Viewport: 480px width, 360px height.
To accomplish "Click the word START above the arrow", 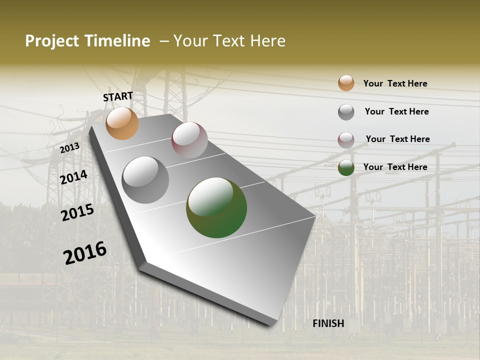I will [x=118, y=96].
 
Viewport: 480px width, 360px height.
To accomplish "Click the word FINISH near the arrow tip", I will [x=328, y=323].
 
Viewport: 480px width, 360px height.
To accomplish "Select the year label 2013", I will [x=70, y=147].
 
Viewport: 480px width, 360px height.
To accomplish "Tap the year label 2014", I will [x=74, y=177].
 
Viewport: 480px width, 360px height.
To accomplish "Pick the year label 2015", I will [x=77, y=212].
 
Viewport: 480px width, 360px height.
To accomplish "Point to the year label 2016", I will [x=85, y=252].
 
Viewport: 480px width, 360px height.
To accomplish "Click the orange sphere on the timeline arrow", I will [x=122, y=123].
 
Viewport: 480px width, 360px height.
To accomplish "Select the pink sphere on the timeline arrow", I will [x=189, y=140].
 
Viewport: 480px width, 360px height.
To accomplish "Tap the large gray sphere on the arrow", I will [x=145, y=180].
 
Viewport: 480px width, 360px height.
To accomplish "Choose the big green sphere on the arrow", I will [x=216, y=207].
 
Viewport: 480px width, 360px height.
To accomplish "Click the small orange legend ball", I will [x=346, y=83].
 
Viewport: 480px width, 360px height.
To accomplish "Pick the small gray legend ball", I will [x=346, y=112].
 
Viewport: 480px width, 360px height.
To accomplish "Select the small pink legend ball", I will [x=346, y=140].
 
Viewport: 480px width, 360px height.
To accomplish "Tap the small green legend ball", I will [x=346, y=167].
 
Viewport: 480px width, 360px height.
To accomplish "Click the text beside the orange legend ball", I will [x=395, y=83].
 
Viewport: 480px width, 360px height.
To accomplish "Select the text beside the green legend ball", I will [x=395, y=167].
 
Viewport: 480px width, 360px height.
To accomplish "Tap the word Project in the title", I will [x=52, y=41].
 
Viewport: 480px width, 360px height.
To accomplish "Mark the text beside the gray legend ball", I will [x=396, y=111].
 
